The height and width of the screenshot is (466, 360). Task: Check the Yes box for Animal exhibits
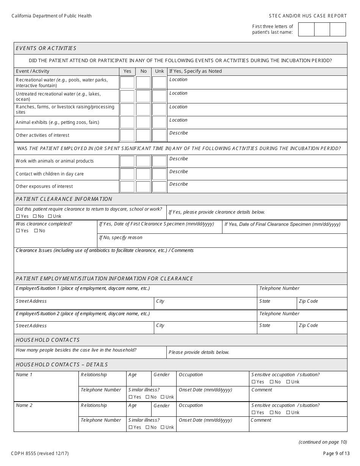127,122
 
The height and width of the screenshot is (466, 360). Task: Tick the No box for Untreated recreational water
143,96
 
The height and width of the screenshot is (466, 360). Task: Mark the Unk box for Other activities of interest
159,135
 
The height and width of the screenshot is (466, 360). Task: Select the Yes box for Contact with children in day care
127,174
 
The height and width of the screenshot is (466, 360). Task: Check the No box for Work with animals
143,161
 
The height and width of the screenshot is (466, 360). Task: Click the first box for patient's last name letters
306,30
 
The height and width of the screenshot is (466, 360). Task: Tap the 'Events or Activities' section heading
46,48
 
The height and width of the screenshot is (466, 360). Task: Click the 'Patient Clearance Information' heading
64,199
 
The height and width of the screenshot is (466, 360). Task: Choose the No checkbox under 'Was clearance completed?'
36,231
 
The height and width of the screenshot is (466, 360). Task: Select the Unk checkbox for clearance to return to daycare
50,216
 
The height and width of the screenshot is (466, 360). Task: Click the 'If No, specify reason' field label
121,238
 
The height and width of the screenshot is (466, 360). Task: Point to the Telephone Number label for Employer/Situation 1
279,288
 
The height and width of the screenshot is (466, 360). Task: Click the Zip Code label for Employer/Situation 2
308,325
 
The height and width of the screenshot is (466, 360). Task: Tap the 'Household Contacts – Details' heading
62,364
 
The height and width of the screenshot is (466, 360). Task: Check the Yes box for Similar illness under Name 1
131,397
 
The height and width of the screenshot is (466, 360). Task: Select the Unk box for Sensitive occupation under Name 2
288,413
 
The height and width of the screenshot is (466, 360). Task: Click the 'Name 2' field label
24,405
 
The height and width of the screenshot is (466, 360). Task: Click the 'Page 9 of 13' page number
335,453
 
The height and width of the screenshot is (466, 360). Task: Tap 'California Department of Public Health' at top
52,16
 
